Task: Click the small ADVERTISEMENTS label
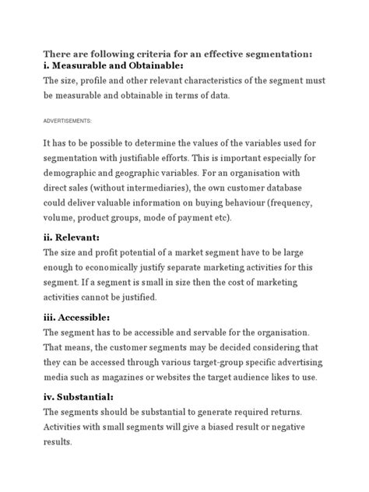[x=67, y=121]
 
